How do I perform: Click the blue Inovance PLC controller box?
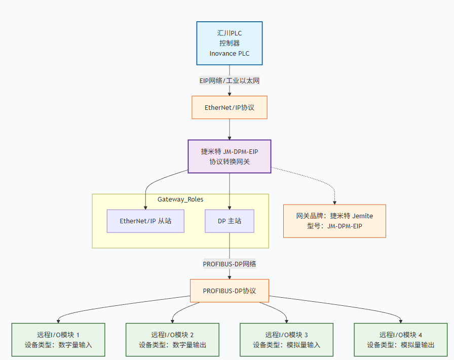[x=229, y=43]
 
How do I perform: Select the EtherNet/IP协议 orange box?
[x=229, y=108]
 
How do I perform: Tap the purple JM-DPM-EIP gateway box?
[x=229, y=156]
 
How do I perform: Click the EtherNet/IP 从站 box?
[x=145, y=221]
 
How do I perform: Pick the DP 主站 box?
[x=229, y=221]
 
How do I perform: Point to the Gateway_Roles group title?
[x=180, y=199]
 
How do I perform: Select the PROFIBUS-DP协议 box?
[x=229, y=291]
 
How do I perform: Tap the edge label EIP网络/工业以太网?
[x=229, y=81]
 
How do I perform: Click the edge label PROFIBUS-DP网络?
[x=229, y=264]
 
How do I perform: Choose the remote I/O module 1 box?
[x=58, y=340]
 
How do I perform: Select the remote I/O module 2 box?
[x=172, y=340]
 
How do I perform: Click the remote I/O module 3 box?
[x=286, y=340]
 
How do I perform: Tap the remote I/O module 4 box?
[x=400, y=340]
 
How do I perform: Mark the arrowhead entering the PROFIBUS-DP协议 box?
[x=230, y=276]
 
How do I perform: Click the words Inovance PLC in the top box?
[x=229, y=54]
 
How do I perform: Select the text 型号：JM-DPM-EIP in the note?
[x=334, y=226]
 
